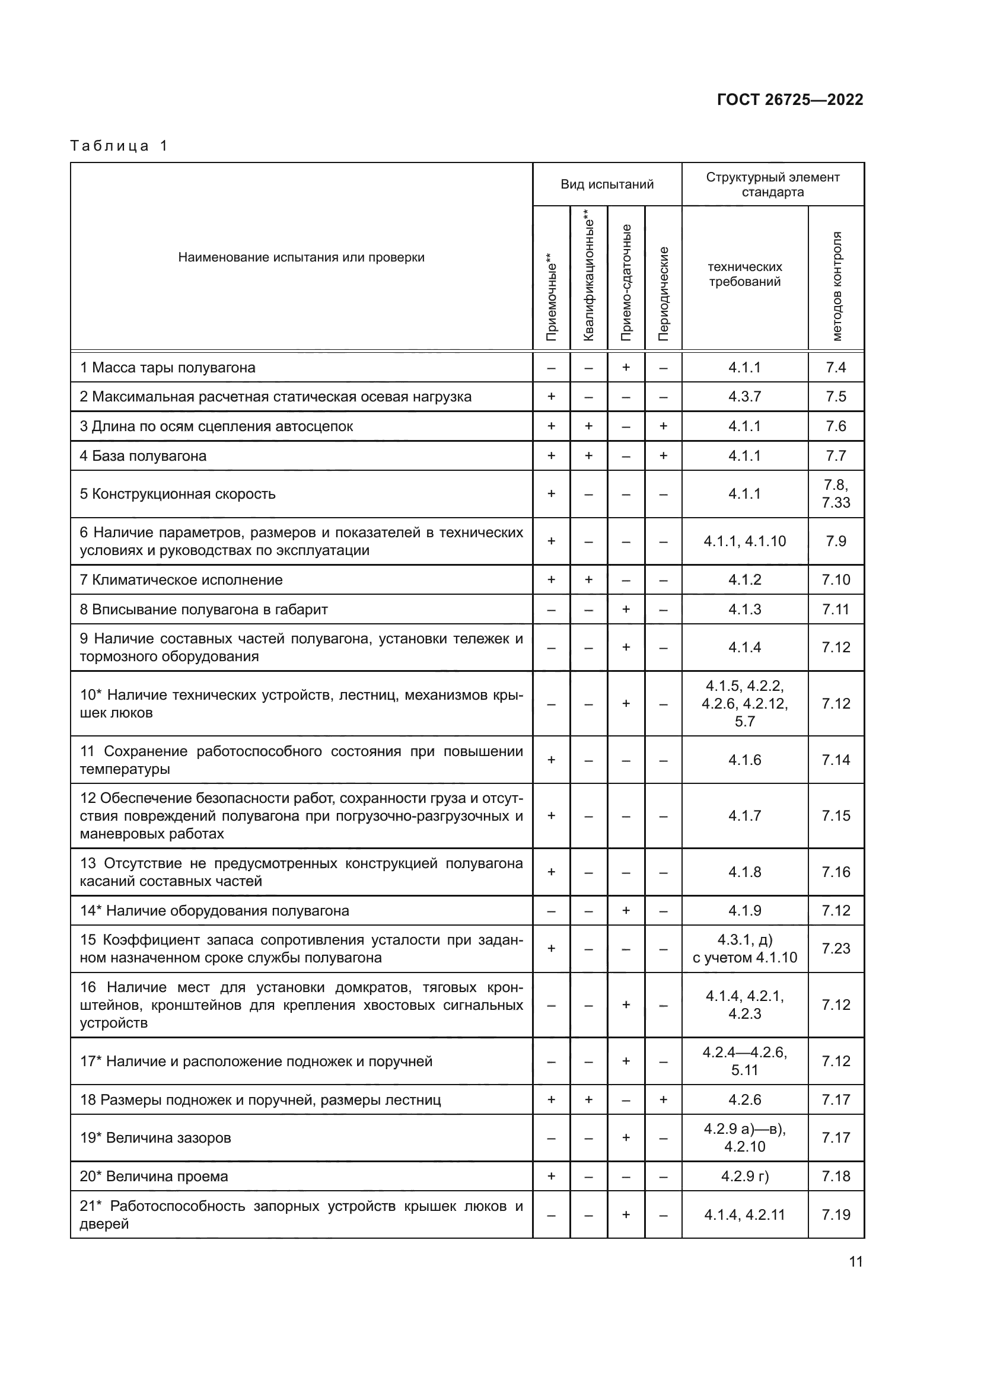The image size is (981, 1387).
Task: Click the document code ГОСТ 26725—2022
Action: [x=789, y=100]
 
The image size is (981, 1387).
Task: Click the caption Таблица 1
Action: [x=119, y=146]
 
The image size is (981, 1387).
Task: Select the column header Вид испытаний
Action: [x=607, y=184]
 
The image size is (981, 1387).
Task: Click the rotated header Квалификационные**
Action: [x=589, y=275]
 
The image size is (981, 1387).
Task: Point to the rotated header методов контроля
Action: [x=836, y=285]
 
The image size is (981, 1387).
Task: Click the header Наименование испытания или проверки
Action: [x=301, y=257]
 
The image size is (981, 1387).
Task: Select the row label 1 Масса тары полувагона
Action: [x=167, y=367]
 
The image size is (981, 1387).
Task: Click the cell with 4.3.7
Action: [x=744, y=397]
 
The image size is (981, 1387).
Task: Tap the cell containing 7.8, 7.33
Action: [x=836, y=493]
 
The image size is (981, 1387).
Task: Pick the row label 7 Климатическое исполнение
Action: [x=181, y=580]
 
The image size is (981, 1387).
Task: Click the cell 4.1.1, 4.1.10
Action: [x=744, y=541]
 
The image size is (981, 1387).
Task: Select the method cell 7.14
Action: [x=836, y=760]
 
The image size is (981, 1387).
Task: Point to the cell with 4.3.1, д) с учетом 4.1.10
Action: [x=744, y=948]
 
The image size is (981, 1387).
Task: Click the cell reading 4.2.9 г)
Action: [x=744, y=1176]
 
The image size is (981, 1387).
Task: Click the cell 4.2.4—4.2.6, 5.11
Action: [x=744, y=1061]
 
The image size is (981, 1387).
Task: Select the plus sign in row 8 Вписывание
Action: [x=626, y=610]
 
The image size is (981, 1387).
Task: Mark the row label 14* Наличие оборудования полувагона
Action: [x=214, y=910]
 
